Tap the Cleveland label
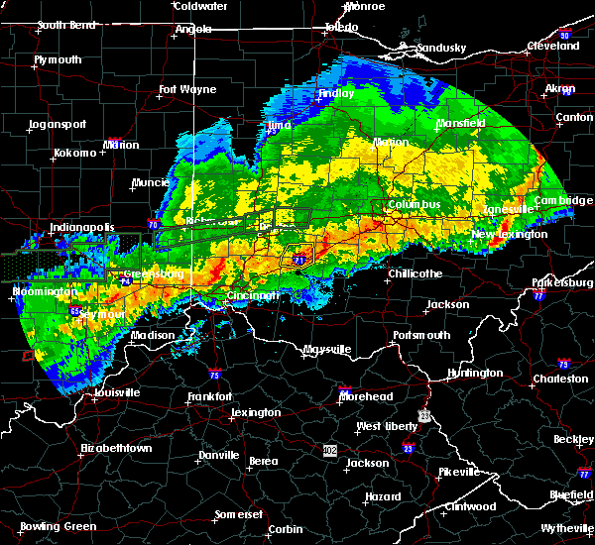click(x=552, y=46)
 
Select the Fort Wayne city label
click(x=187, y=90)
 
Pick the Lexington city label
click(x=255, y=412)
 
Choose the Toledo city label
click(x=340, y=27)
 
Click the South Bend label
click(x=65, y=25)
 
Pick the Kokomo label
click(x=74, y=153)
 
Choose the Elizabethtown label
click(x=116, y=448)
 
